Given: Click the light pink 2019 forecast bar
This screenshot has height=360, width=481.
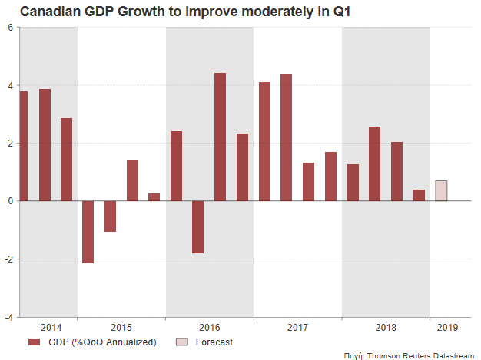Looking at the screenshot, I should click(x=441, y=190).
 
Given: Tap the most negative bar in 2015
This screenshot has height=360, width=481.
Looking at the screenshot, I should click(x=88, y=232).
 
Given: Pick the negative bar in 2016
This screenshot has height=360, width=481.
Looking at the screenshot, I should click(x=197, y=226).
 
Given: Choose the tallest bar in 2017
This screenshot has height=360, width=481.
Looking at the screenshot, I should click(x=286, y=137).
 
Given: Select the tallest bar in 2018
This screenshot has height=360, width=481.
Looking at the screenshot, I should click(x=374, y=163).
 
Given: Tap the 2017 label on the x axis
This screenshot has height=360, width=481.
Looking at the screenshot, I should click(x=297, y=328).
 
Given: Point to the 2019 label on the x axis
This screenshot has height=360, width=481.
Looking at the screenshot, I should click(x=446, y=328).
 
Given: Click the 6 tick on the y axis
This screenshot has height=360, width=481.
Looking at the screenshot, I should click(x=10, y=28).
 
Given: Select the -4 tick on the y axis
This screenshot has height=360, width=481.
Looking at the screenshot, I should click(x=8, y=316).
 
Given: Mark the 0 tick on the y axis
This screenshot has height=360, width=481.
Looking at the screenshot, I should click(x=10, y=201).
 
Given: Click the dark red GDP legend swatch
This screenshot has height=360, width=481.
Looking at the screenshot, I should click(x=35, y=342).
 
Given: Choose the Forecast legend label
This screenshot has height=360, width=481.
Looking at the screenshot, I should click(x=214, y=342).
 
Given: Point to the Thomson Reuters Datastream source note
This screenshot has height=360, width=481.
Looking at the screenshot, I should click(x=420, y=355).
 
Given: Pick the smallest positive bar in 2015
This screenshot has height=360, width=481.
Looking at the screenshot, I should click(x=154, y=197).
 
